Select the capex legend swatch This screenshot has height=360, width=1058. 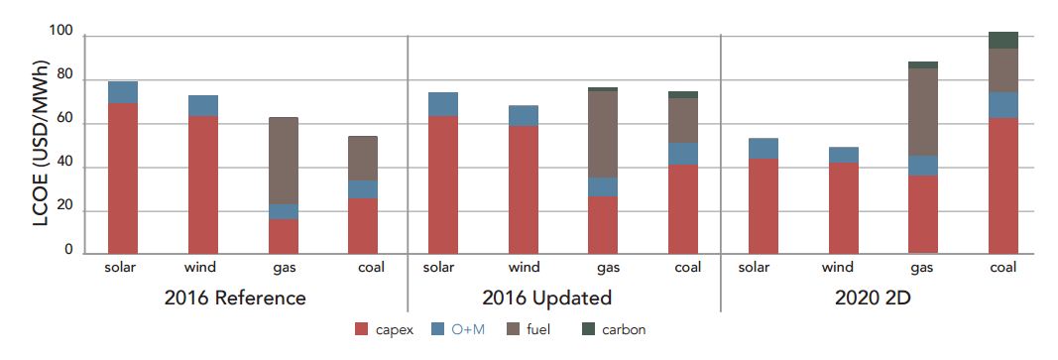(363, 328)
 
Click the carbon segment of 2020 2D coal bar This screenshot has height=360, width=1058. (1003, 40)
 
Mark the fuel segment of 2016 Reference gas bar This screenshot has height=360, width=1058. (283, 161)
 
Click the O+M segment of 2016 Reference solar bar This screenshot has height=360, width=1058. (123, 92)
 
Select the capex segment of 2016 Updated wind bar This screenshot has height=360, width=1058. (523, 188)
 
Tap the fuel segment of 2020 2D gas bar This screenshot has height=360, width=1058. (923, 112)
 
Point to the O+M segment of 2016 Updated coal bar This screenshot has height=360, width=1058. (682, 154)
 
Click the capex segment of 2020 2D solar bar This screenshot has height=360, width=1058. (763, 205)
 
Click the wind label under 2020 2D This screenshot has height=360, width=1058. (838, 268)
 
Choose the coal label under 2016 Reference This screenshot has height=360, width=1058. (362, 268)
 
